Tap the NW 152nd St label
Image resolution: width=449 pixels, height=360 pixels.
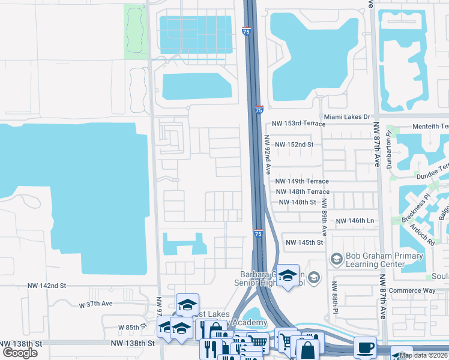294,145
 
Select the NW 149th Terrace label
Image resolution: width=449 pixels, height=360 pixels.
302,181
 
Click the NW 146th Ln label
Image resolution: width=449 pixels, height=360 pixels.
355,221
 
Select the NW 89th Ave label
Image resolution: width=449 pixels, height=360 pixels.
324,216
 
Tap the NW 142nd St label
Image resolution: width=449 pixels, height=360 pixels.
46,286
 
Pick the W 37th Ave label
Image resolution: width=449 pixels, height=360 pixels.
95,304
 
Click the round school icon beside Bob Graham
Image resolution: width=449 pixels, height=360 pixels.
336,259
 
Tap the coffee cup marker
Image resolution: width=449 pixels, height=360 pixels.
365,347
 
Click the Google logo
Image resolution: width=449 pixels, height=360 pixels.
20,353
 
